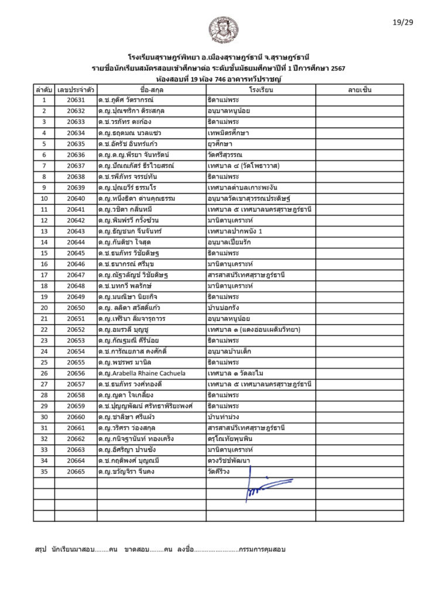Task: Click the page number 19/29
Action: (x=402, y=23)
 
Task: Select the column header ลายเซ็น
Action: (x=360, y=90)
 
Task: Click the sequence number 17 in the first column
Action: (x=44, y=275)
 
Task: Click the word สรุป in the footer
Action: (x=40, y=550)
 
